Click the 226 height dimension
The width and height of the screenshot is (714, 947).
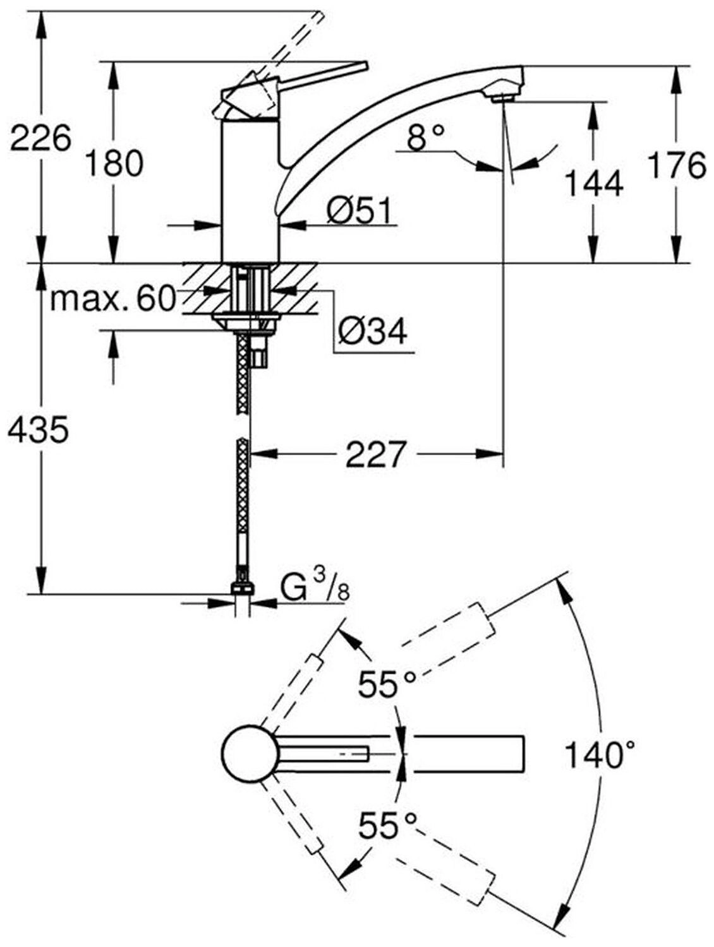[x=40, y=138]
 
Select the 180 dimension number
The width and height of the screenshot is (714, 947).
[x=114, y=164]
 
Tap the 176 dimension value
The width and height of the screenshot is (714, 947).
[x=677, y=165]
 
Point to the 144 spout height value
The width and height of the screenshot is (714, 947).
[x=593, y=184]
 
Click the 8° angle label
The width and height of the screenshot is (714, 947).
[x=425, y=137]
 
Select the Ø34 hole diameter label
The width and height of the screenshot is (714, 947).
[x=372, y=330]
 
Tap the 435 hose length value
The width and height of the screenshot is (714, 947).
[x=38, y=431]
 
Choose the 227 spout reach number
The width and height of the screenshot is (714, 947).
[x=375, y=454]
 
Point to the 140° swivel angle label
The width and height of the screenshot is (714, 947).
[x=598, y=754]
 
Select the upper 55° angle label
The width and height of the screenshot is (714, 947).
[x=387, y=684]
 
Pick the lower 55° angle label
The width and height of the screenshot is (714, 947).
[x=388, y=825]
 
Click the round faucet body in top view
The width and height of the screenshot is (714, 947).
[x=250, y=753]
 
